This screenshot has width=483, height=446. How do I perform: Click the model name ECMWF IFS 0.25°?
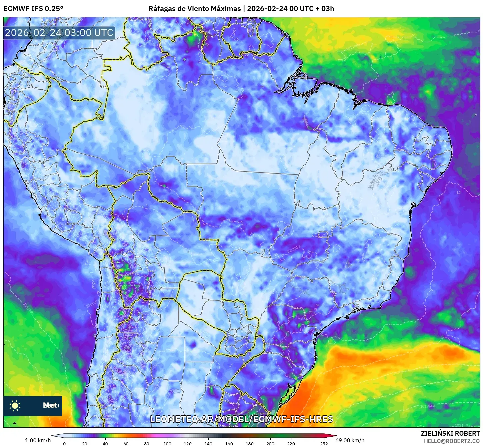point(33,9)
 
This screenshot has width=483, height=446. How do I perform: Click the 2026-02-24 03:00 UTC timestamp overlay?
point(59,33)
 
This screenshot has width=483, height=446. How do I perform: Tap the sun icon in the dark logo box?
point(15,405)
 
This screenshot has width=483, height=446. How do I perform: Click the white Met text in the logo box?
point(50,405)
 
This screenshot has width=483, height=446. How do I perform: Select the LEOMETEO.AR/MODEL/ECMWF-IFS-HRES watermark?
point(242,419)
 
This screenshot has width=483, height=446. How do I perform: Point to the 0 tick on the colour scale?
point(64,443)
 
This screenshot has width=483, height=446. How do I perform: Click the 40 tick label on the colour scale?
point(105,443)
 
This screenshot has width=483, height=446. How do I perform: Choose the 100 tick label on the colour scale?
point(167,443)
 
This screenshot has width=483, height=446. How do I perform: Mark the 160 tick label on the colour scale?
point(229,443)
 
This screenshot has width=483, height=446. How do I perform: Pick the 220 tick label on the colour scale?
point(291,443)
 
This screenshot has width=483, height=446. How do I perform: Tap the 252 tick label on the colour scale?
point(324,443)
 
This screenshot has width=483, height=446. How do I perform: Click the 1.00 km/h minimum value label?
point(38,440)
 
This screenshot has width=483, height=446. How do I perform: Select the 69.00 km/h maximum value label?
point(350,440)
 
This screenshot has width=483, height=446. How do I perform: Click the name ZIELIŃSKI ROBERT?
point(450,433)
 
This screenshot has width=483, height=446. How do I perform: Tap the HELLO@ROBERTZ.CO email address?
point(452,441)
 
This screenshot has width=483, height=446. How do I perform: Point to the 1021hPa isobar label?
point(463,425)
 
